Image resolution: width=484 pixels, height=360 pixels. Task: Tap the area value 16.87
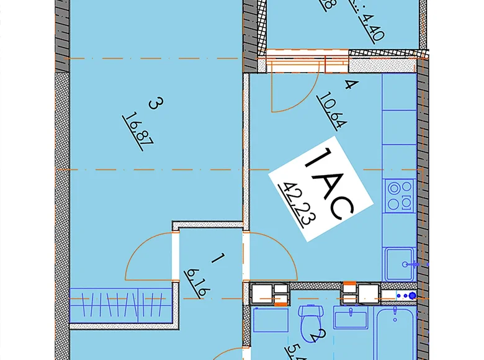[x=138, y=128]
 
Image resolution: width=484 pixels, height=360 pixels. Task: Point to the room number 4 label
[x=348, y=86]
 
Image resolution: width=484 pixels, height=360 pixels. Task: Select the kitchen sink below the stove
[x=399, y=264]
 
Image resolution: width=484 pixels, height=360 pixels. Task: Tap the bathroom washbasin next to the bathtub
[x=351, y=320]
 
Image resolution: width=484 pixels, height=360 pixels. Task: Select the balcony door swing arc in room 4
[x=293, y=93]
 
